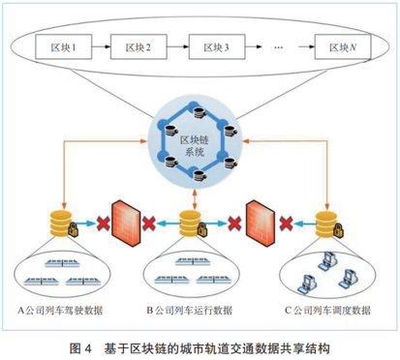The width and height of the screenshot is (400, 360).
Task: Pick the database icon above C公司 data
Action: tap(327, 222)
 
